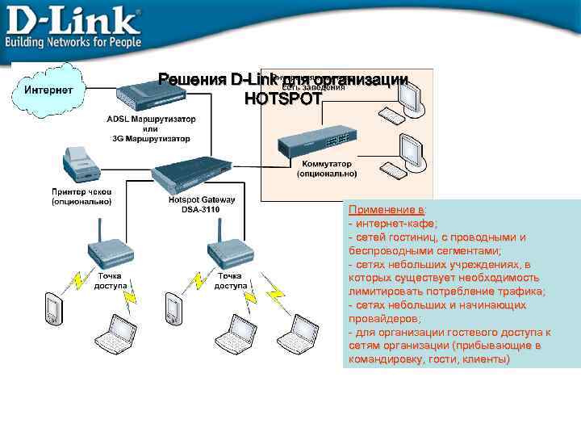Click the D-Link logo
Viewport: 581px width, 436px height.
73,19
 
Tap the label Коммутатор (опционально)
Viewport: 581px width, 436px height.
326,168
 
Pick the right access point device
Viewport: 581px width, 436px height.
226,249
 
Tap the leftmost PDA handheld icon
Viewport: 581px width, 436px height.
54,309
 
